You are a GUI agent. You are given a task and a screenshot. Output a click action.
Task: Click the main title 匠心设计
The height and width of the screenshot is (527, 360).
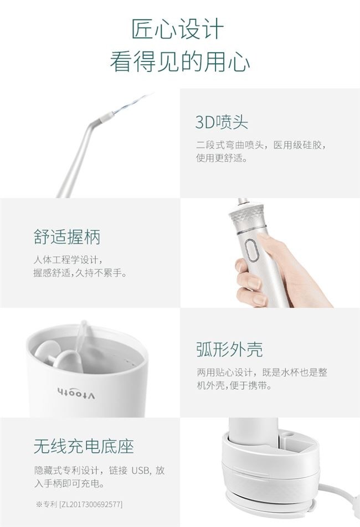(x=177, y=29)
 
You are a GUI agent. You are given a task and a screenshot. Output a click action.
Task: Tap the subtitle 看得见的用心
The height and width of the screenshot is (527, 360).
(x=180, y=61)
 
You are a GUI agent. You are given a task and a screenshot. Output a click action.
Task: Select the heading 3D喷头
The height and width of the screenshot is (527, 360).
(x=222, y=122)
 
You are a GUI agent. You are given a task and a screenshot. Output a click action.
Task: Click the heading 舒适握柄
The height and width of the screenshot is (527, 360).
(x=67, y=237)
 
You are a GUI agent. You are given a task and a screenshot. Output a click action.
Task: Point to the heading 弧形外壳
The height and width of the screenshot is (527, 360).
(x=229, y=349)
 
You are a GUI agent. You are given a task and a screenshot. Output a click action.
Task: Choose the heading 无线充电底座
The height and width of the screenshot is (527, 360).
(x=84, y=446)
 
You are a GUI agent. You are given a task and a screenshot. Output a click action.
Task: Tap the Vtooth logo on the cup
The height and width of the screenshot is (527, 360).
(x=76, y=393)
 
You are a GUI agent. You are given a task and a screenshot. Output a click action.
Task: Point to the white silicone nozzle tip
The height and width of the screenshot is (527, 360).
(x=105, y=117)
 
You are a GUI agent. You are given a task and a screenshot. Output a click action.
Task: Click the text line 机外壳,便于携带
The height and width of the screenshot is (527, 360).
(x=234, y=385)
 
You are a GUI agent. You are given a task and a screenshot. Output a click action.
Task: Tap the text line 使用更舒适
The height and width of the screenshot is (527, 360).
(x=222, y=158)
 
